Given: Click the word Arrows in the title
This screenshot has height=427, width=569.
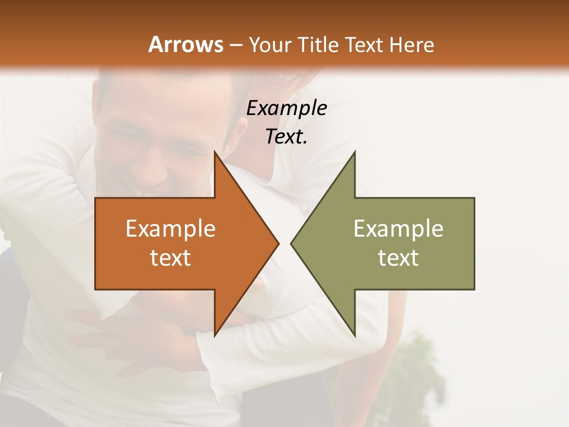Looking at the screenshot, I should click(x=186, y=44).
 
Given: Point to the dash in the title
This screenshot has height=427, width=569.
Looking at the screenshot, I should click(x=235, y=45).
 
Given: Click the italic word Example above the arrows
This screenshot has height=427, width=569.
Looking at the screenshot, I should click(x=286, y=108).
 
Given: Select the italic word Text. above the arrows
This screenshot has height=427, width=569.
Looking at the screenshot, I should click(x=286, y=136).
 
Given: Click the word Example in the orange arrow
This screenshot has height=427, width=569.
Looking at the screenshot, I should click(x=171, y=229).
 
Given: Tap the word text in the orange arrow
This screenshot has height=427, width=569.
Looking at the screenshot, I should click(x=171, y=258).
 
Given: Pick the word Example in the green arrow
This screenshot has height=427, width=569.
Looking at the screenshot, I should click(x=398, y=229).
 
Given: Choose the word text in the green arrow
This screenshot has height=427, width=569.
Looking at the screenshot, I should click(x=398, y=258).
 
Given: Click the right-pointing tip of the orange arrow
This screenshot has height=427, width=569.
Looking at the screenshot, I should click(x=277, y=243).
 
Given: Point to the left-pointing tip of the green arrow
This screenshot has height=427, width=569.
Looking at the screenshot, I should click(x=292, y=243).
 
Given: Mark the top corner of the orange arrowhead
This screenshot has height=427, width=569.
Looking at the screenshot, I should click(x=215, y=153).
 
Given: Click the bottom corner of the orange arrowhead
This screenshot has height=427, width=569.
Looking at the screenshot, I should click(x=215, y=334).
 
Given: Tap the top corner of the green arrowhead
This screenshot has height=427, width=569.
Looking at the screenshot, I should click(x=354, y=153).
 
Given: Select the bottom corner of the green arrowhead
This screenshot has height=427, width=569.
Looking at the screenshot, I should click(x=354, y=334).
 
